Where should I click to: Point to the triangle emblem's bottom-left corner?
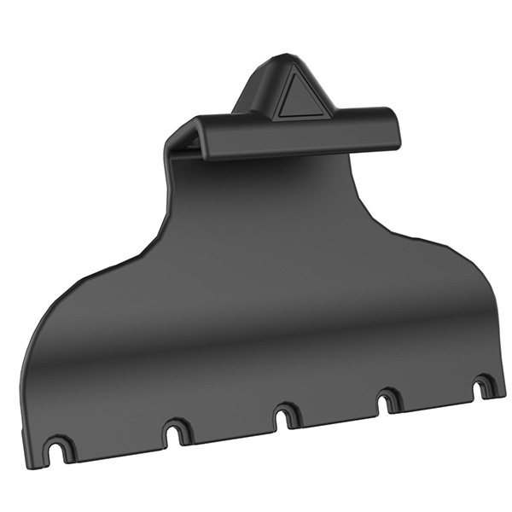pyautogui.click(x=277, y=115)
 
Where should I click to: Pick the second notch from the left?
pyautogui.click(x=177, y=431)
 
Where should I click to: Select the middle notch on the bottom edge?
pyautogui.click(x=285, y=416)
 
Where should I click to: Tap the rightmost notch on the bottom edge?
pyautogui.click(x=483, y=387)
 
